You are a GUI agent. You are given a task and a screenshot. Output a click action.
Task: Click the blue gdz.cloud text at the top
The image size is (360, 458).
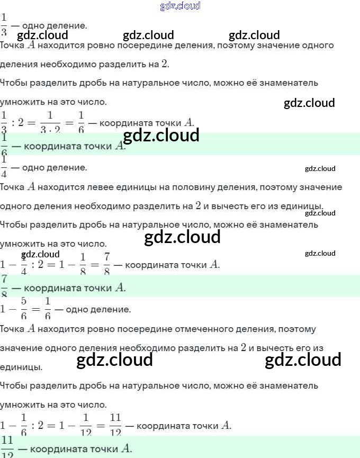(x=180, y=6)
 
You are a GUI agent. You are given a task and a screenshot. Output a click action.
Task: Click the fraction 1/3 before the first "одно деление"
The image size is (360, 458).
(x=4, y=24)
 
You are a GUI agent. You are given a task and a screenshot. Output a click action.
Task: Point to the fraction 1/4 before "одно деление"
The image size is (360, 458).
(x=4, y=167)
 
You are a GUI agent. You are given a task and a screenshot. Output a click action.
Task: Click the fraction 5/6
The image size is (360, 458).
(x=24, y=308)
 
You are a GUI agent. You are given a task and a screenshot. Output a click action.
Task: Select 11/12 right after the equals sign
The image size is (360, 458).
(x=115, y=425)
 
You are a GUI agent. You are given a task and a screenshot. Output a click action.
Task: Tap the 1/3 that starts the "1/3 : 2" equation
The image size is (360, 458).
(x=4, y=122)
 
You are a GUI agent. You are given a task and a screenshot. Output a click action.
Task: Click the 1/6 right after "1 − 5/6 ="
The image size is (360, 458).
(x=48, y=308)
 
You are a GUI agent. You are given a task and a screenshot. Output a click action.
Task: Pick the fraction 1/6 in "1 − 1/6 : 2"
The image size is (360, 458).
(x=23, y=425)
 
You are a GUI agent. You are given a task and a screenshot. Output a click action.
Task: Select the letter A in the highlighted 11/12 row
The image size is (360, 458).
(x=125, y=448)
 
